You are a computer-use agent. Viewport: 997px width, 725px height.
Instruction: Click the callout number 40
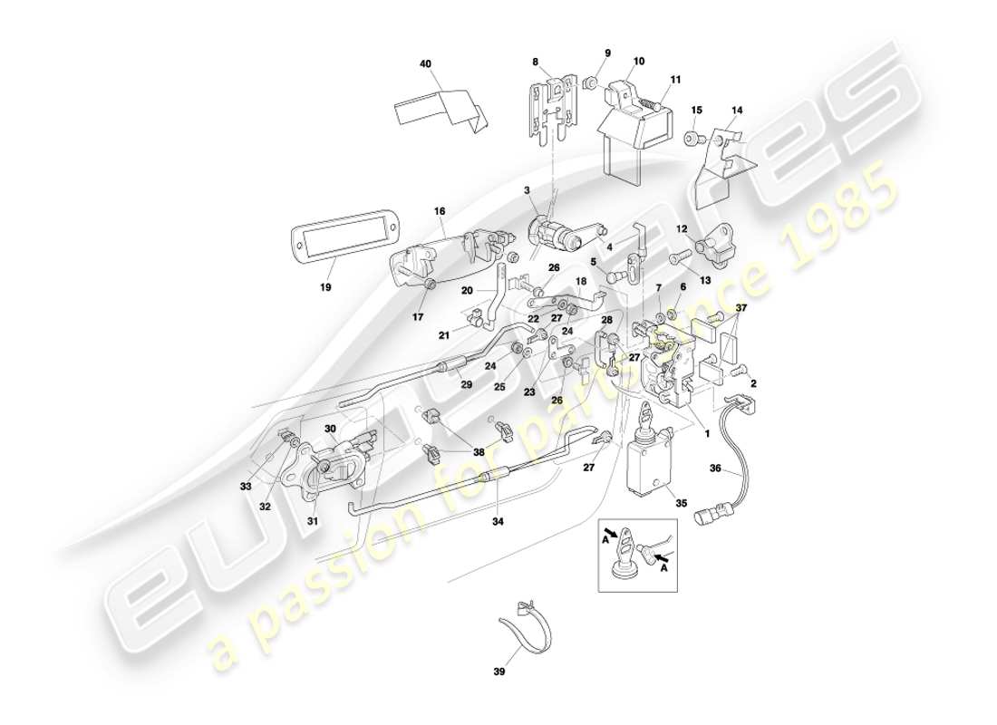pos(425,64)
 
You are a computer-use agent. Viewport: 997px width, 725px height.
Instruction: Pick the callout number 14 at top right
pos(737,110)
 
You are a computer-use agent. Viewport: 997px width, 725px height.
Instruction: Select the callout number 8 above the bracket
pos(536,63)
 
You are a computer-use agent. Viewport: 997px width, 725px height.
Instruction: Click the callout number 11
pos(675,81)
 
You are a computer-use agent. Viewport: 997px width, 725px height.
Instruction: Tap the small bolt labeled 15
pos(696,139)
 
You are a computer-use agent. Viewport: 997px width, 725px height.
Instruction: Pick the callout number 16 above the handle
pos(440,211)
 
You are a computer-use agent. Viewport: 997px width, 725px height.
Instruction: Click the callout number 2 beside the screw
pos(753,383)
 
